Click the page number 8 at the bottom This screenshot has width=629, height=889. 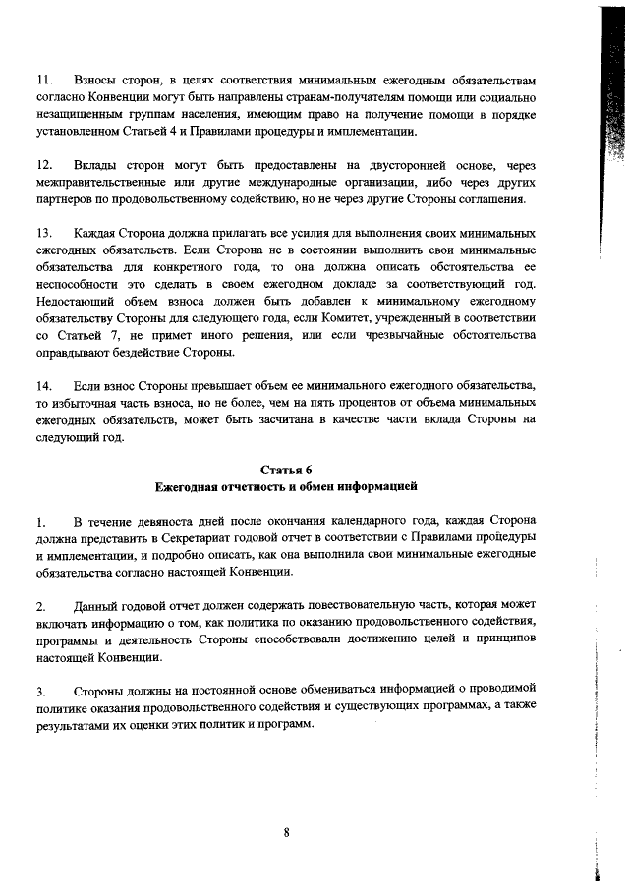(x=286, y=833)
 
